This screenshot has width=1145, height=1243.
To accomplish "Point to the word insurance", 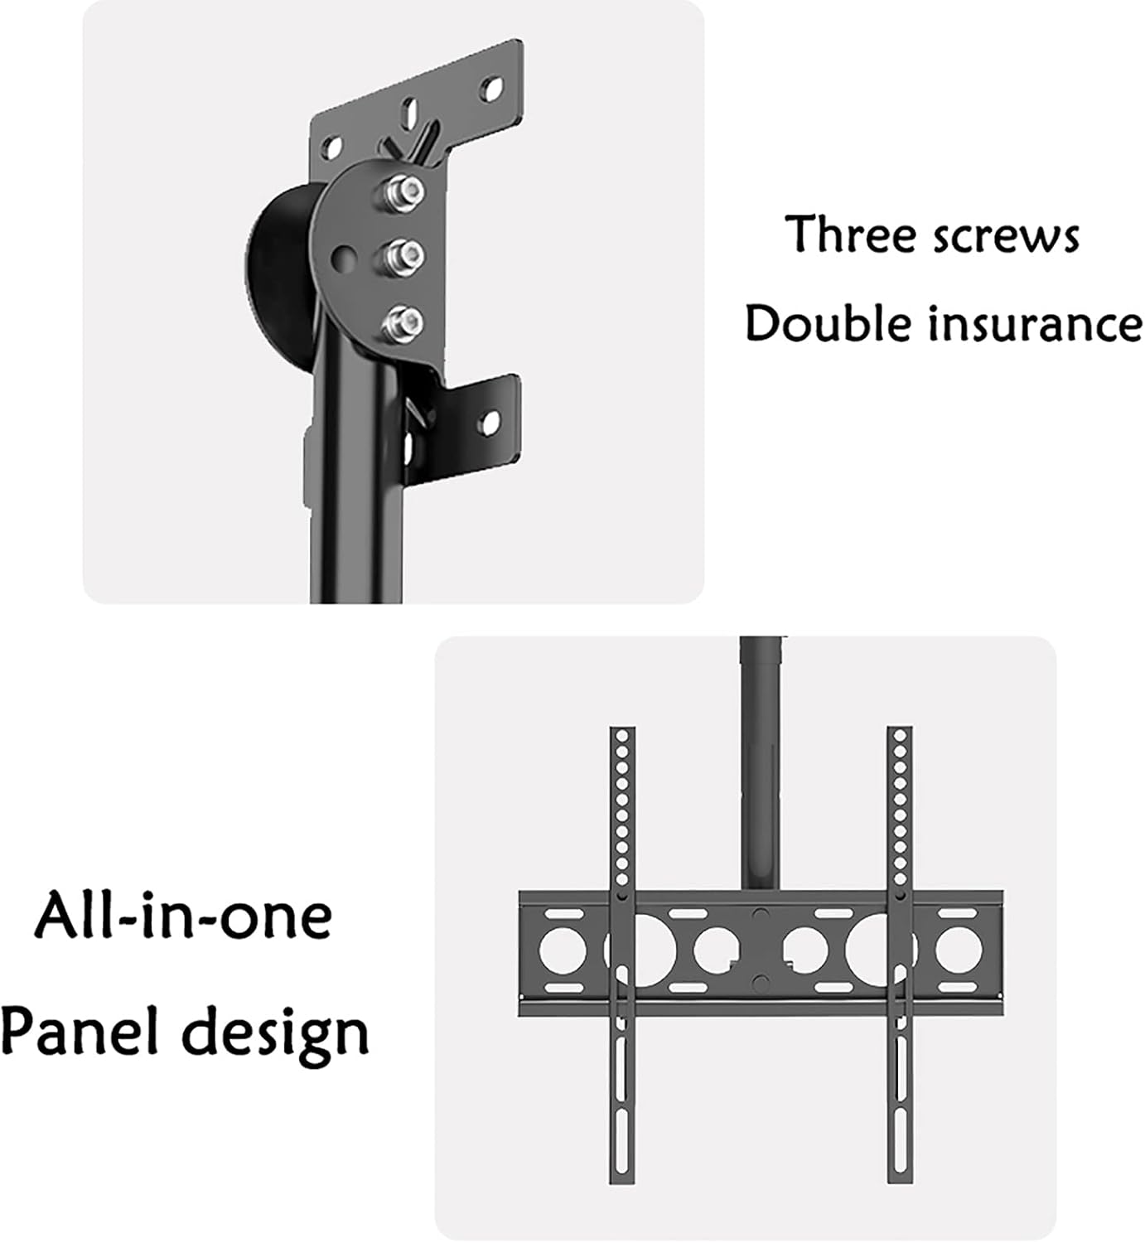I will coord(1036,323).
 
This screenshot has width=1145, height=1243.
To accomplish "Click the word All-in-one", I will coord(183,916).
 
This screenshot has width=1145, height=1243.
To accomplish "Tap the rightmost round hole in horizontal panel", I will coord(959,948).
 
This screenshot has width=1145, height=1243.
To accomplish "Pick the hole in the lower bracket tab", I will coord(490,423).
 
